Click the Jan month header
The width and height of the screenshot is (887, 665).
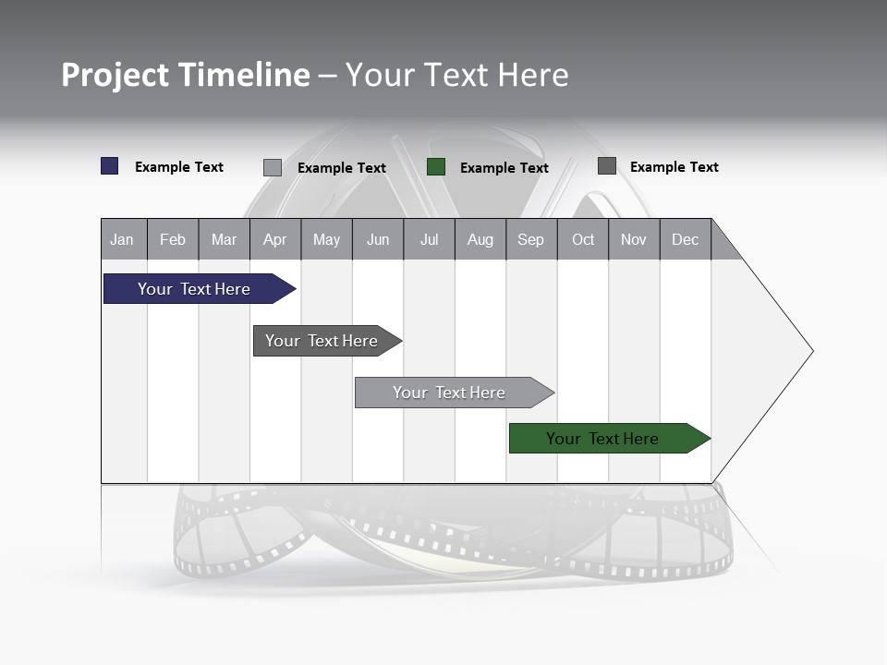(122, 239)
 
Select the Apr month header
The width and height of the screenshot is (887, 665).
(274, 239)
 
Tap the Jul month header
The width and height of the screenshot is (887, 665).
(429, 239)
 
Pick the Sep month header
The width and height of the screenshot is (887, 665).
(530, 239)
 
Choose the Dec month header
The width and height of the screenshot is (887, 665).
(685, 239)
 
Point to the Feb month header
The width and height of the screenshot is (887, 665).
(173, 239)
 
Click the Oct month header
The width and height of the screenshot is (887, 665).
(583, 239)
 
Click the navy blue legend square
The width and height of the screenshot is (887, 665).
(110, 166)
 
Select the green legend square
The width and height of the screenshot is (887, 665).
(436, 167)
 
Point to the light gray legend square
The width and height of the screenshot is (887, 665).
(273, 167)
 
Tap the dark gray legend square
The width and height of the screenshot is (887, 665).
(607, 166)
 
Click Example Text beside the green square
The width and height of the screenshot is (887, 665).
(504, 168)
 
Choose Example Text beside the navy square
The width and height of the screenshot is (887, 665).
(178, 167)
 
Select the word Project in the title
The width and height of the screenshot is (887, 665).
(115, 75)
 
